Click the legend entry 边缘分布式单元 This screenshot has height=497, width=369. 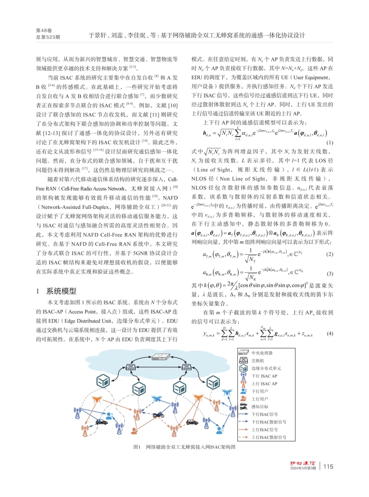(266, 368)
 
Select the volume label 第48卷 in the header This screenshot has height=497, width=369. (43, 30)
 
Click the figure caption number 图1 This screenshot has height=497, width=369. (136, 447)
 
